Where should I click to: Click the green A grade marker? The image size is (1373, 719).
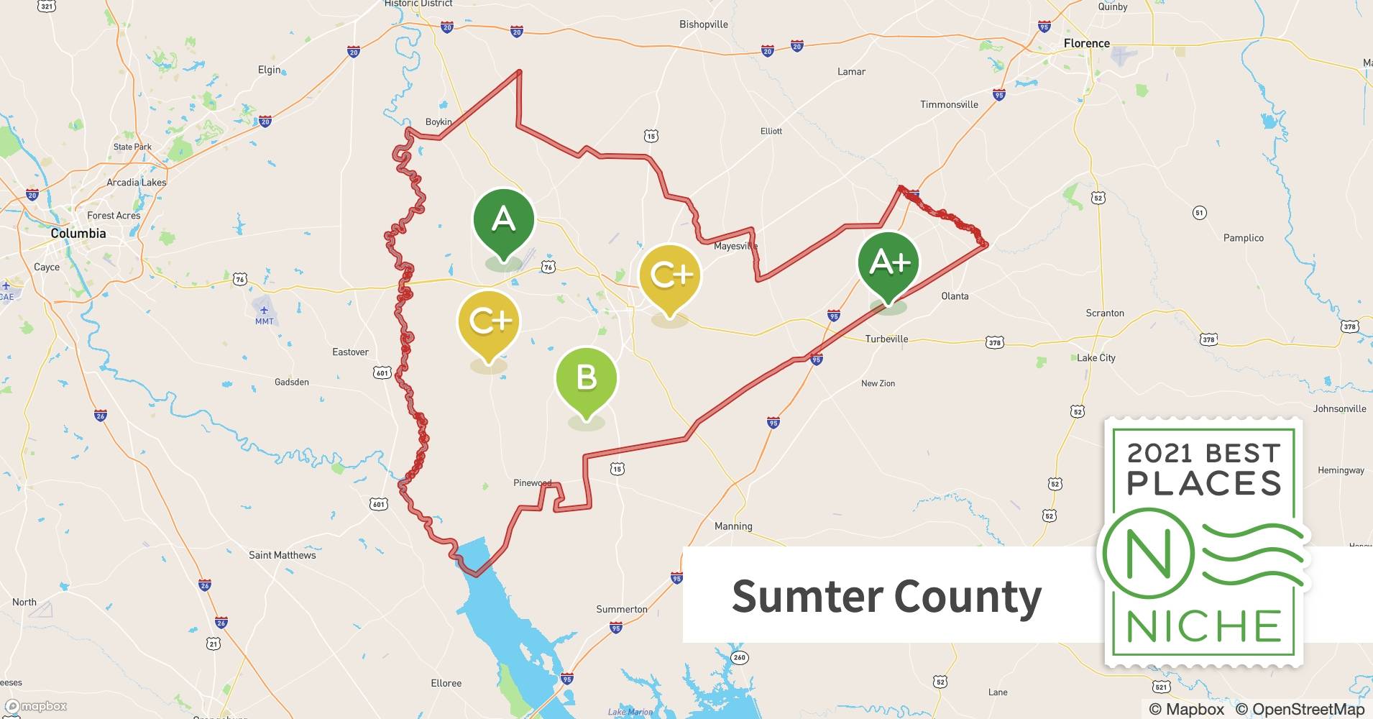pyautogui.click(x=503, y=219)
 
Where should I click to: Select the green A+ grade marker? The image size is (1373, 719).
pyautogui.click(x=888, y=263)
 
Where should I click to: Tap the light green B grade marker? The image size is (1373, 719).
pyautogui.click(x=586, y=377)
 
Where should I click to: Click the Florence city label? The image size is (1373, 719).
pyautogui.click(x=1086, y=43)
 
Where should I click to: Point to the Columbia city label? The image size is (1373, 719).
pyautogui.click(x=78, y=233)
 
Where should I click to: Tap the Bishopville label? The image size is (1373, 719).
pyautogui.click(x=703, y=24)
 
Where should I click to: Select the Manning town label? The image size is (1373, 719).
pyautogui.click(x=733, y=526)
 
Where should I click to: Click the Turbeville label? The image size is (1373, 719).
pyautogui.click(x=886, y=339)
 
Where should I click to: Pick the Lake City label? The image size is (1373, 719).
pyautogui.click(x=1096, y=357)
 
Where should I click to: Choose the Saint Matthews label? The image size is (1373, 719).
pyautogui.click(x=282, y=555)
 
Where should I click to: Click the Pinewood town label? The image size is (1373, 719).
pyautogui.click(x=532, y=482)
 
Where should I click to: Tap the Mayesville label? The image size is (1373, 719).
pyautogui.click(x=735, y=246)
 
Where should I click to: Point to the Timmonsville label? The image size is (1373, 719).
pyautogui.click(x=949, y=104)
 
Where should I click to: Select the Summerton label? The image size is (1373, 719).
pyautogui.click(x=621, y=609)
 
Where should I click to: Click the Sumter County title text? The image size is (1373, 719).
pyautogui.click(x=886, y=596)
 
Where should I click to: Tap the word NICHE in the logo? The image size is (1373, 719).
pyautogui.click(x=1204, y=626)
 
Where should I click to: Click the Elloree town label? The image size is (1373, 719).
pyautogui.click(x=446, y=683)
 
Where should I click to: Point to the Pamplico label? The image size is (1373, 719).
pyautogui.click(x=1243, y=238)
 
